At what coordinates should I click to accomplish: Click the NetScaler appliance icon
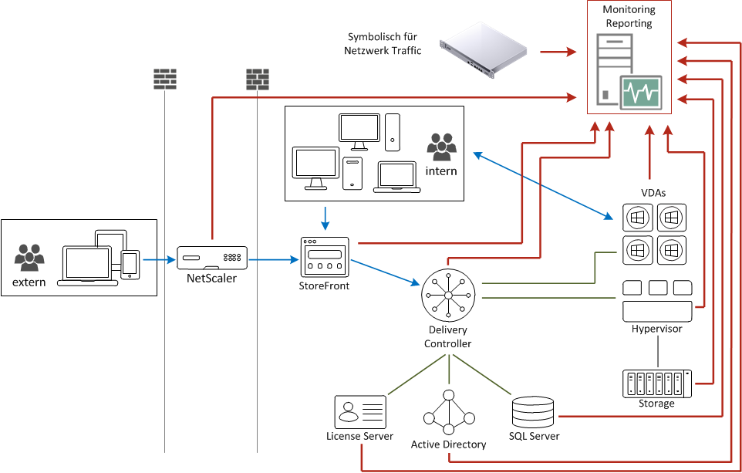pos(212,258)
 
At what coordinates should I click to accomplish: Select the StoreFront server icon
pos(325,258)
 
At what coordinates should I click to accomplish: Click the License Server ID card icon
pos(360,412)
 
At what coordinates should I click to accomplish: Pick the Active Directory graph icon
pos(449,413)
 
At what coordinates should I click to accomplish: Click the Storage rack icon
pos(657,383)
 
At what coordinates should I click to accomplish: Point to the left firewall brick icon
pos(165,79)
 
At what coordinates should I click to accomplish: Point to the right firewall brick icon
pos(257,79)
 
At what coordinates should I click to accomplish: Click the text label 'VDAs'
pos(653,193)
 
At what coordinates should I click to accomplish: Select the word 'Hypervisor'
pos(656,329)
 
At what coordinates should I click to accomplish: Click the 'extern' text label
pos(29,282)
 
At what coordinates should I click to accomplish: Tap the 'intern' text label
pos(442,171)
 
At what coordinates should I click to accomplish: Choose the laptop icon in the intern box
pos(393,177)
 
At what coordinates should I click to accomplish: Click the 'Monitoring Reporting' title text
pos(629,16)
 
